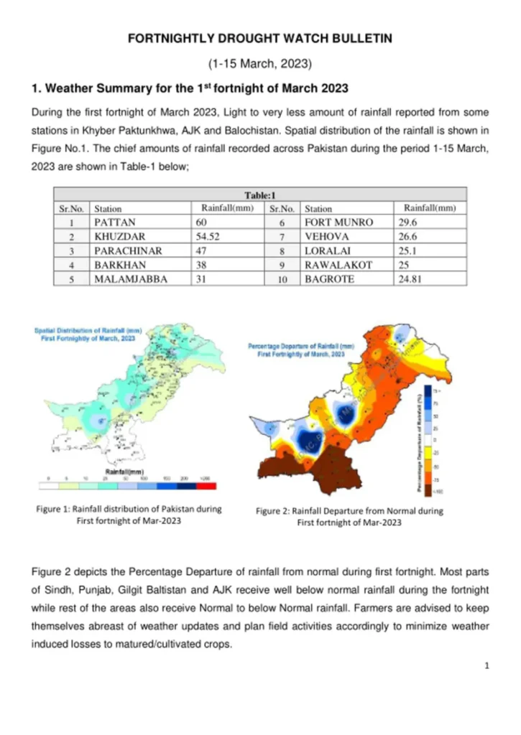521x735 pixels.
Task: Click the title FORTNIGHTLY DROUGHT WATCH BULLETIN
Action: (x=260, y=39)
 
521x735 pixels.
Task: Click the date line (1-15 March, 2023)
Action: (x=260, y=64)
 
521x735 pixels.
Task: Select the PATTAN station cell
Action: (x=115, y=223)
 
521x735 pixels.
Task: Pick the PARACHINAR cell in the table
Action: (x=128, y=251)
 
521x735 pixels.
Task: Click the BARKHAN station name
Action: (x=118, y=265)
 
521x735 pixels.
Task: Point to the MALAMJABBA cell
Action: (x=131, y=279)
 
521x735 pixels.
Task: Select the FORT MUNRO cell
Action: (x=339, y=223)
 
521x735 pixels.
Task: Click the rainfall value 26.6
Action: (x=407, y=236)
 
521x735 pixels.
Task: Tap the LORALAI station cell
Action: (x=328, y=251)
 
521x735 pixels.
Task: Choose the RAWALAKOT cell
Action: (x=338, y=265)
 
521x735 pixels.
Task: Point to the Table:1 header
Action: (x=260, y=195)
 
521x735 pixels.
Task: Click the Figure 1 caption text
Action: (x=129, y=515)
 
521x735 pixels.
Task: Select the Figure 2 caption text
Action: (x=349, y=517)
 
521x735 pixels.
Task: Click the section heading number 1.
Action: (x=35, y=89)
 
